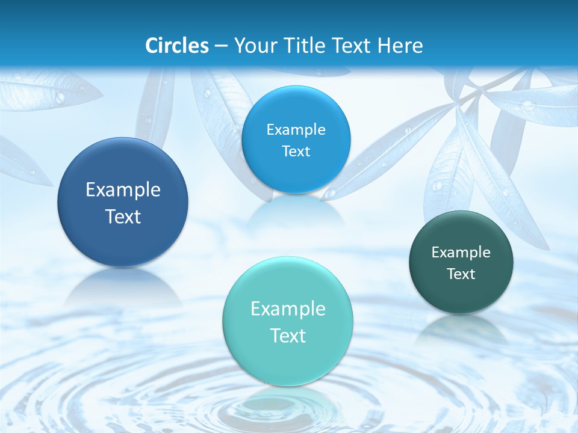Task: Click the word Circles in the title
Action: (x=177, y=46)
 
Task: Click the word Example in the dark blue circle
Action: (x=123, y=190)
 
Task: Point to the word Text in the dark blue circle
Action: (x=123, y=216)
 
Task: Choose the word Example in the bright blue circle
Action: (x=296, y=130)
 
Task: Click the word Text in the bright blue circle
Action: (x=296, y=152)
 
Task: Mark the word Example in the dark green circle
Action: (x=461, y=253)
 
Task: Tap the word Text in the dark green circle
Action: (x=461, y=274)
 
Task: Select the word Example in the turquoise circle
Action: (x=288, y=309)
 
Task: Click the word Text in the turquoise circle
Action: (x=288, y=336)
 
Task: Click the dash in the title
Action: (x=221, y=46)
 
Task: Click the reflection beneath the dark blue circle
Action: (x=123, y=289)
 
